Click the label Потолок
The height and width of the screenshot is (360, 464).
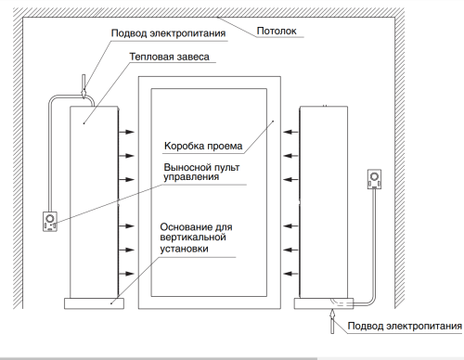(277, 31)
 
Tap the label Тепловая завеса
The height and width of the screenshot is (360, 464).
(169, 57)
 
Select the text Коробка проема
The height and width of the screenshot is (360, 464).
(203, 147)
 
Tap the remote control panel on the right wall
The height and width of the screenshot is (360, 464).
(376, 178)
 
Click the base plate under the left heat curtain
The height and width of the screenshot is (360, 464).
(94, 302)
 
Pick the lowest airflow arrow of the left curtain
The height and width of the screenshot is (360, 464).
(123, 273)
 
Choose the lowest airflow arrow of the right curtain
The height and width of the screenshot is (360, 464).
(290, 273)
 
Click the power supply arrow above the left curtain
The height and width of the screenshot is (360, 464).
(84, 86)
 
